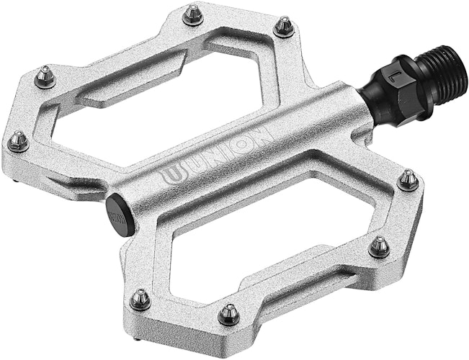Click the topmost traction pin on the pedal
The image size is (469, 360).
tap(192, 14)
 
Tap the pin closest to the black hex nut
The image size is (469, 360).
tap(283, 27)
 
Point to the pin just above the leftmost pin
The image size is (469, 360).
tap(45, 76)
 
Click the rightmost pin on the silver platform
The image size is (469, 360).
tap(408, 179)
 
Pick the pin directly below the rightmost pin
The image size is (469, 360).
tap(379, 248)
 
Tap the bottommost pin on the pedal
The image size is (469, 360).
tap(230, 313)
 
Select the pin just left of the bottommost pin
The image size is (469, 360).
tap(140, 298)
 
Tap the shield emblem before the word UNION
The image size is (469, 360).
tap(170, 174)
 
